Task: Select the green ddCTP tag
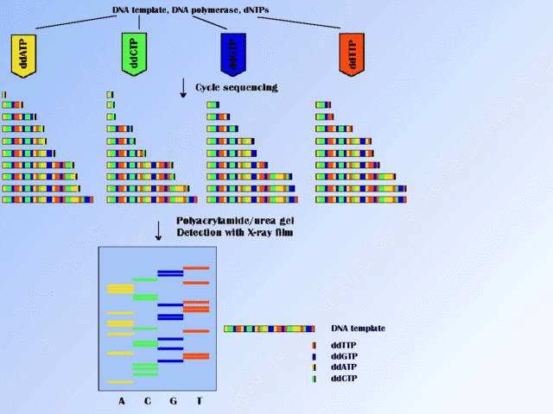(x=131, y=53)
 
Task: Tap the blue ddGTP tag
(x=232, y=54)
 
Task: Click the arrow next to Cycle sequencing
(x=183, y=87)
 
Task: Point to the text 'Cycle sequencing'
(x=236, y=87)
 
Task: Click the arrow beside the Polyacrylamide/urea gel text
(x=158, y=230)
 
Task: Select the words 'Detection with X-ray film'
(x=235, y=233)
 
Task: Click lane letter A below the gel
(x=122, y=401)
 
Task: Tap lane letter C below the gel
(x=147, y=401)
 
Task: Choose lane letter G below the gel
(x=173, y=401)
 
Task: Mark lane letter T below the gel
(x=199, y=401)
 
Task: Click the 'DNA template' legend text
(x=358, y=329)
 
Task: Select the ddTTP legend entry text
(x=343, y=345)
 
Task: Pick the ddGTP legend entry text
(x=343, y=356)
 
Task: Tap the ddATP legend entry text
(x=343, y=367)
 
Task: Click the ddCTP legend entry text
(x=343, y=379)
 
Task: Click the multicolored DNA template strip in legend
(x=269, y=329)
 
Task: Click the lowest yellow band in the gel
(x=120, y=381)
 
